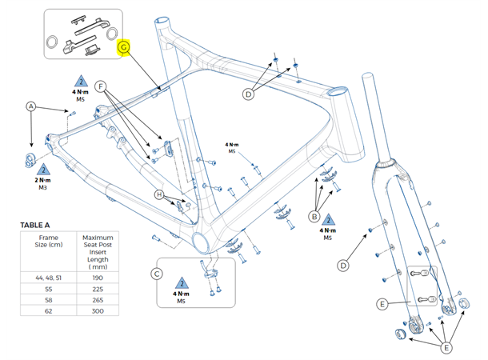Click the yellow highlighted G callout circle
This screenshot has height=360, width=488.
click(x=123, y=48)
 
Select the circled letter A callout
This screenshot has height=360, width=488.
click(x=31, y=106)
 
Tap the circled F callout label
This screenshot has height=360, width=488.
click(x=102, y=86)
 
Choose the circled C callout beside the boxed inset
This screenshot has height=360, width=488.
click(x=157, y=275)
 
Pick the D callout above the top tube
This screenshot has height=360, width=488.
click(x=248, y=94)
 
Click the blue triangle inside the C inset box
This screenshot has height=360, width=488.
click(x=182, y=284)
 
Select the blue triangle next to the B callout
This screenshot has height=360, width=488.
click(x=328, y=218)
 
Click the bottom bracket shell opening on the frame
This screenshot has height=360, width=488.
click(x=201, y=242)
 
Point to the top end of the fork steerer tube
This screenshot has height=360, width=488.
click(x=368, y=77)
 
